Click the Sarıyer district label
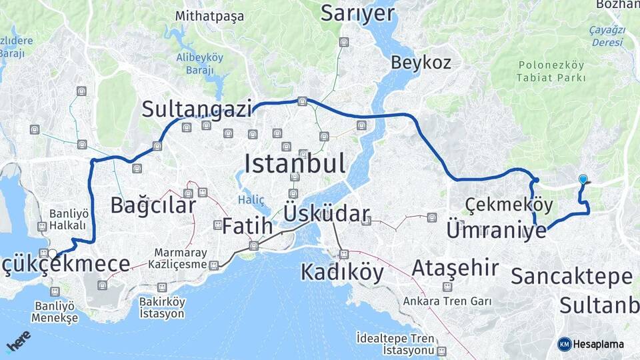pos(357,13)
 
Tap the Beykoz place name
pos(421,63)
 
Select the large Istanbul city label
pos(295,163)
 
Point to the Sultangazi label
pos(197,109)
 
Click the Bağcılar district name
pos(153,205)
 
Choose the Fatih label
pos(247,226)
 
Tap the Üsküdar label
pos(326,213)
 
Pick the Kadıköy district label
pos(342,272)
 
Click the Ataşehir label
pos(455,268)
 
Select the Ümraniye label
pos(496,230)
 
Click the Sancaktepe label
pos(571,276)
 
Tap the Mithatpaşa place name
pos(209,16)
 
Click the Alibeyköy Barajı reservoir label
pos(199,63)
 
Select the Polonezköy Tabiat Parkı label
pos(551,71)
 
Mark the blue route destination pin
pos(583,179)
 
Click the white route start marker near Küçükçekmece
pos(52,253)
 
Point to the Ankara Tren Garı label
pos(447,301)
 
